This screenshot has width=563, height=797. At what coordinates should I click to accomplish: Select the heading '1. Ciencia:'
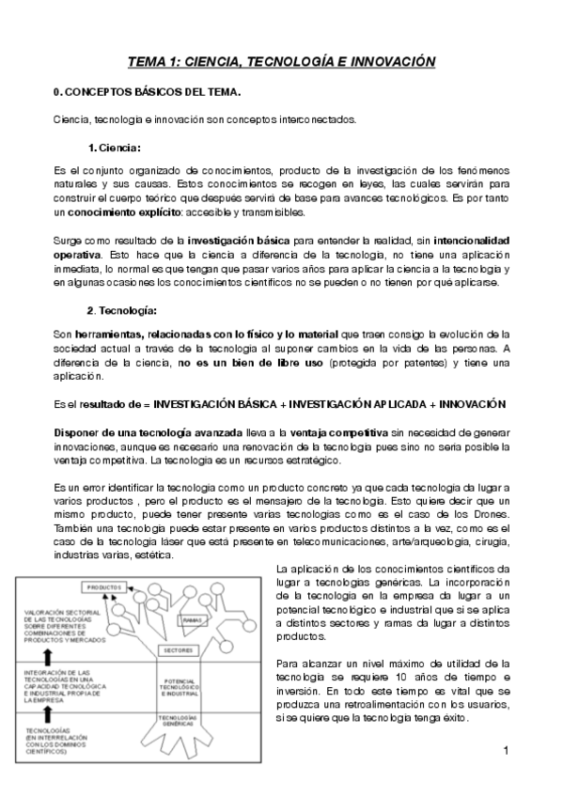click(115, 148)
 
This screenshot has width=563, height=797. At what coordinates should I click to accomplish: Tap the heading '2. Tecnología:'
click(122, 310)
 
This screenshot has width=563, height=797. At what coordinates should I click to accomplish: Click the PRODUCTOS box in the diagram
click(99, 587)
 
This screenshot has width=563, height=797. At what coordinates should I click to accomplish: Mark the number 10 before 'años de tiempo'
click(398, 678)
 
